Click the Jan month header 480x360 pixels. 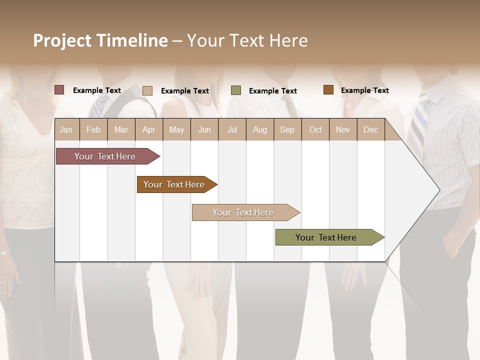[x=66, y=130]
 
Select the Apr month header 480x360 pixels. [x=149, y=130]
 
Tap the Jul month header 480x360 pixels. [x=232, y=130]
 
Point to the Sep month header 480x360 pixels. [x=287, y=130]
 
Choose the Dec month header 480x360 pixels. [x=370, y=130]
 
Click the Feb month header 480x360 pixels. [x=93, y=130]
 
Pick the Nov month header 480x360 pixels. [x=343, y=130]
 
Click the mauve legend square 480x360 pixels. [x=59, y=90]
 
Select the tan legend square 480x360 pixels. [x=147, y=90]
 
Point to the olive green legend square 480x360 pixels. [x=236, y=90]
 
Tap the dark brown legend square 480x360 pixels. [x=328, y=90]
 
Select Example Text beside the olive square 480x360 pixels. [x=272, y=91]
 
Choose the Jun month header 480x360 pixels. [x=204, y=130]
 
